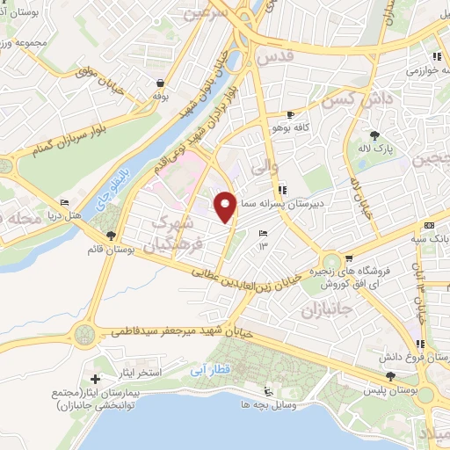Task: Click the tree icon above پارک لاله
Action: pyautogui.click(x=376, y=134)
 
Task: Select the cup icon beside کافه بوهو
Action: pyautogui.click(x=290, y=115)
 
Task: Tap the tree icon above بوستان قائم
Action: pyautogui.click(x=111, y=235)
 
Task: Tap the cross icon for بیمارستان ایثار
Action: pyautogui.click(x=95, y=379)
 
